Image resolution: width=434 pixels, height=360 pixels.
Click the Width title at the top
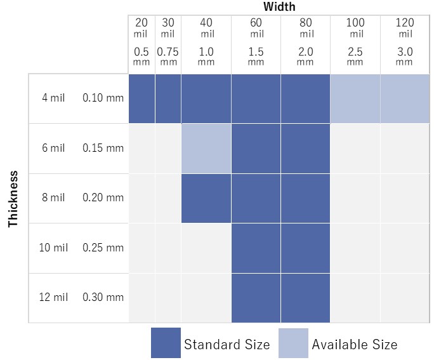tap(279, 7)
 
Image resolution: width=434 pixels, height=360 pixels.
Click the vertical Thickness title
tap(13, 198)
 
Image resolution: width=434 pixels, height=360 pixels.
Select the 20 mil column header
tap(141, 28)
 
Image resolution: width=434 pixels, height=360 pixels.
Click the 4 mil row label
tap(53, 98)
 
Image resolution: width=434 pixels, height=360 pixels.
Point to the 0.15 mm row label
tap(103, 148)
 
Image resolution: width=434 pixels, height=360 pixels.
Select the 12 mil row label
tap(53, 297)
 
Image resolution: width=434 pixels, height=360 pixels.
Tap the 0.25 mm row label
tap(103, 248)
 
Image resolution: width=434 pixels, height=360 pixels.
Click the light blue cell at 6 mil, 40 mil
tap(206, 148)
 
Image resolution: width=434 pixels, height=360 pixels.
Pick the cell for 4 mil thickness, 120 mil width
tap(405, 98)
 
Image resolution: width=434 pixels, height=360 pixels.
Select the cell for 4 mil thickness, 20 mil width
tap(141, 98)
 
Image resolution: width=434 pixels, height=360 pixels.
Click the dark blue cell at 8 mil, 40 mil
tap(206, 198)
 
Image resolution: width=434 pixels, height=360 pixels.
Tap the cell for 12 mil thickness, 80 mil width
tap(305, 297)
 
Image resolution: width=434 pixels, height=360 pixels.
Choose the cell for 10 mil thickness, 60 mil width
tap(256, 248)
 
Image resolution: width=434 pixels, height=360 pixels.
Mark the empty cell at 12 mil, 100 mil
tap(355, 297)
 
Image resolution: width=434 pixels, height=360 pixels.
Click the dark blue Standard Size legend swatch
tap(166, 343)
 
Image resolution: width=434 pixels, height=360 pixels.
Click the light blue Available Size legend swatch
tap(293, 343)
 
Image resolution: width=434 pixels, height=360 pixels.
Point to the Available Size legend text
tap(354, 345)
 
